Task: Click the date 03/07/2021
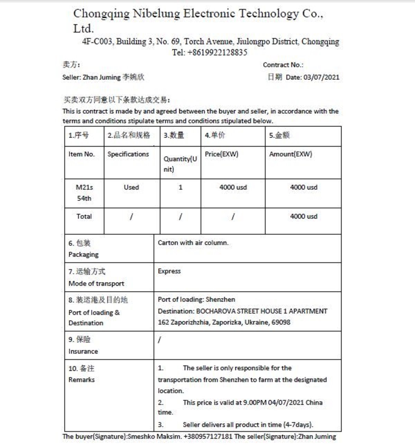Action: [321, 77]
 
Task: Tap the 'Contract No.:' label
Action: [283, 65]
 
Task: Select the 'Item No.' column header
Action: [82, 154]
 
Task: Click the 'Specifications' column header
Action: [128, 154]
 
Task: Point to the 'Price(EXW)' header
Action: [221, 154]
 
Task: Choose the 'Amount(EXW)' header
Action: [290, 154]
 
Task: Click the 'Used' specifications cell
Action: [131, 187]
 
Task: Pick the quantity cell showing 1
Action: [180, 187]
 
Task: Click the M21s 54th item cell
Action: [84, 193]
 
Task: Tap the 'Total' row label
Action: [84, 216]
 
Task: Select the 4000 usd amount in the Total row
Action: [303, 216]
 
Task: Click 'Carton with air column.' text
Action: [193, 243]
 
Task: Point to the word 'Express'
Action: [169, 271]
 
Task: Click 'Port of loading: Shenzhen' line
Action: [196, 300]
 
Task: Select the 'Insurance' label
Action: [83, 352]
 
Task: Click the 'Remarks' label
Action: [82, 380]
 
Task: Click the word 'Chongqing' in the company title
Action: [101, 14]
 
